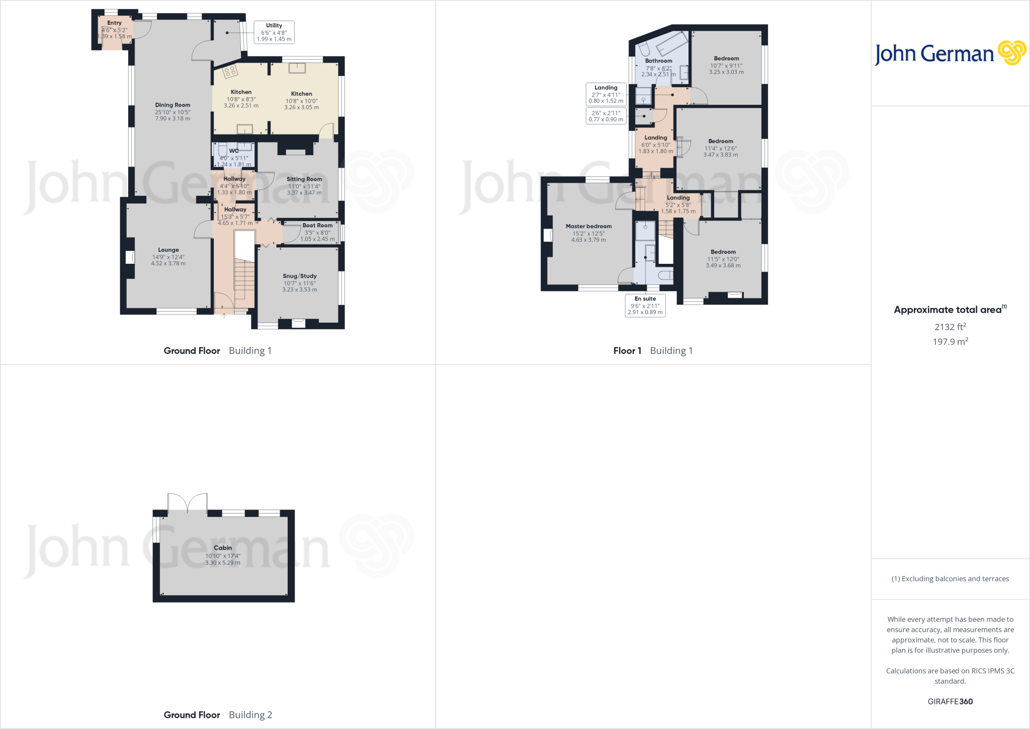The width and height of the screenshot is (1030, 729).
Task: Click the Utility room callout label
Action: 274,32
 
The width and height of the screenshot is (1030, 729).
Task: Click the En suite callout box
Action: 645,306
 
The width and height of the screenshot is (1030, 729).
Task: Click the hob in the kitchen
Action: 230,71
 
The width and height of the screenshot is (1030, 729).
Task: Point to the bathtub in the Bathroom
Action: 672,44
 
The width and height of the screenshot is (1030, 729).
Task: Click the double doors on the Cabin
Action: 188,502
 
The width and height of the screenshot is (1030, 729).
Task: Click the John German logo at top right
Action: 950,53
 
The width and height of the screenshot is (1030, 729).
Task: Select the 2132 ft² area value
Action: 950,327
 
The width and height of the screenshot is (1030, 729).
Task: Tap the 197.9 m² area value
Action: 950,341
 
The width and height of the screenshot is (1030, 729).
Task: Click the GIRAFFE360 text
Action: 950,701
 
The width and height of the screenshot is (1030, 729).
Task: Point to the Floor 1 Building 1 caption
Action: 653,350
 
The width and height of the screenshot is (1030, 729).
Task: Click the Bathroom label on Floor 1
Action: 658,61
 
